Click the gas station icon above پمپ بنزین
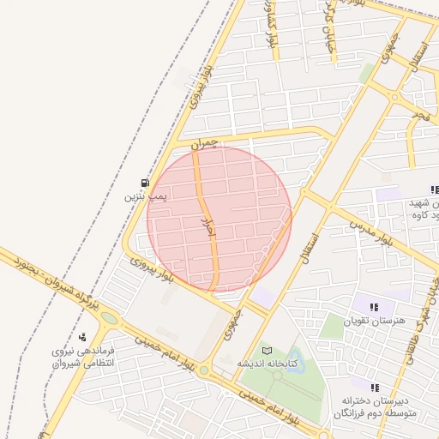point(144,183)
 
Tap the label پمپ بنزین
point(144,196)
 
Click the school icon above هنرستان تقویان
point(374,307)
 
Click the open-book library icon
point(266,351)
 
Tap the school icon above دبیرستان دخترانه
point(375,387)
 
